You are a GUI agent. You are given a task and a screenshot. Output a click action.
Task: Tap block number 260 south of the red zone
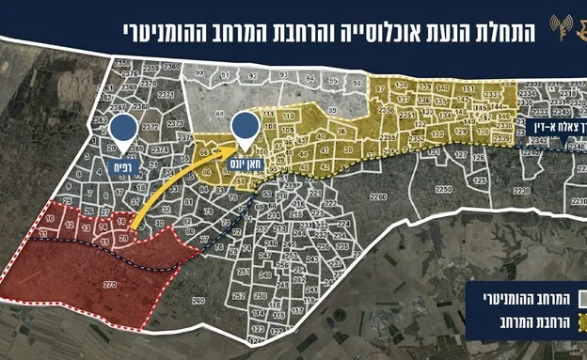point(198,301)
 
